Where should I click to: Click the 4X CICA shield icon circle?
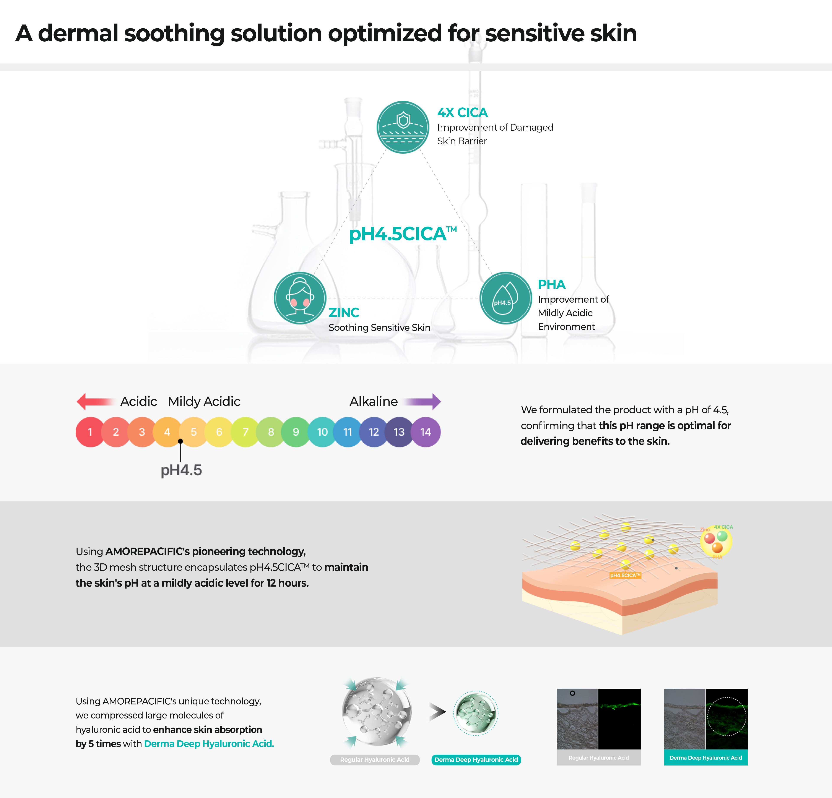click(403, 127)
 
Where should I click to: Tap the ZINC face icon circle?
click(300, 298)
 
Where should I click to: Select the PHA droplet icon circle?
click(505, 298)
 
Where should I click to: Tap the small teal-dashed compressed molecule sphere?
click(476, 713)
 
